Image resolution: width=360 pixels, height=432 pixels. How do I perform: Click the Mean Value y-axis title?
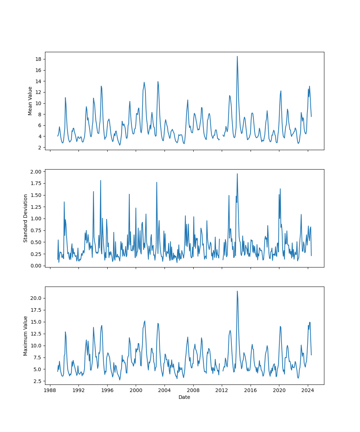coord(30,101)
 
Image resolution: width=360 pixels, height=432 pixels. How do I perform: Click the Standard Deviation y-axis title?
coord(26,218)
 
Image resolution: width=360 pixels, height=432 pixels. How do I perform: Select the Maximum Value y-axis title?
coord(26,336)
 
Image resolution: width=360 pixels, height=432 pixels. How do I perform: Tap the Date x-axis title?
coord(184,397)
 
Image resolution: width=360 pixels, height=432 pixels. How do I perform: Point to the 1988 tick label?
coord(50,390)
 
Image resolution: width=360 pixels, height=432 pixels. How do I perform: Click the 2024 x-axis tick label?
coord(307,390)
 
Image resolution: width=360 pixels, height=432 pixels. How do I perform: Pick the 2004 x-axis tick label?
coord(165,390)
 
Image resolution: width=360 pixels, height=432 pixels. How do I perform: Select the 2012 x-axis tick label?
coord(222,390)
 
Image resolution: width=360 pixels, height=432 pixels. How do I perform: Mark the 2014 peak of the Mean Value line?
coord(237,56)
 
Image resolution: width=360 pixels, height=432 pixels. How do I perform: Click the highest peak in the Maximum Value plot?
coord(237,291)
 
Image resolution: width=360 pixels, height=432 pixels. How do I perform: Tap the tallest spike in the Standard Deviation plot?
coord(237,174)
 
